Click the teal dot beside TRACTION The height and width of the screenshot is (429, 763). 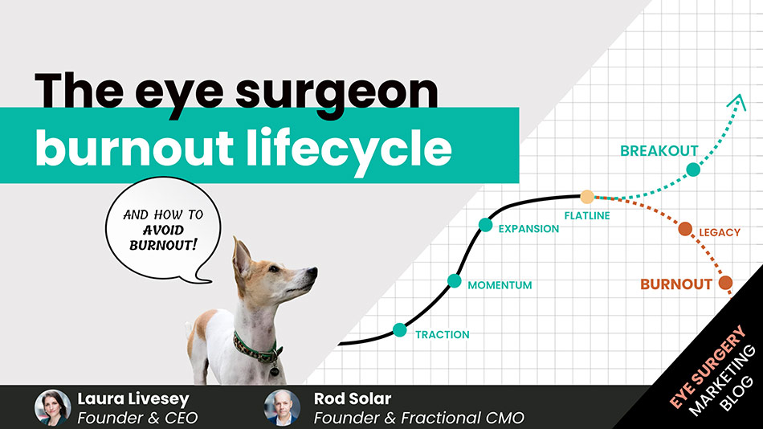400,329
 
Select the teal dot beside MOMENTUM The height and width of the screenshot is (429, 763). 455,281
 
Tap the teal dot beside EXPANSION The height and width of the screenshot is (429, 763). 485,225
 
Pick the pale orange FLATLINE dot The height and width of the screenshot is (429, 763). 587,197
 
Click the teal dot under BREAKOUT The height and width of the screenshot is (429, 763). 693,170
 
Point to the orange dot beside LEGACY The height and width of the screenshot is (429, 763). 685,230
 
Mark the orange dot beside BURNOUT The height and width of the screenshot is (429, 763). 725,283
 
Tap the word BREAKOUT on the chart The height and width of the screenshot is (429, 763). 659,150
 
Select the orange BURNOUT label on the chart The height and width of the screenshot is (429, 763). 675,284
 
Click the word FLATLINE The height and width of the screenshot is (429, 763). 587,215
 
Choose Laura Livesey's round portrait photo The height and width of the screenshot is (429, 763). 53,407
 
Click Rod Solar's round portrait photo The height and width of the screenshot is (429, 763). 282,407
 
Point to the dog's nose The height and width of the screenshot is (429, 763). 313,273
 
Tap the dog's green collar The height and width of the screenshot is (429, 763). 255,347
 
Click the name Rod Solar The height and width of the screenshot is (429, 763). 353,398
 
